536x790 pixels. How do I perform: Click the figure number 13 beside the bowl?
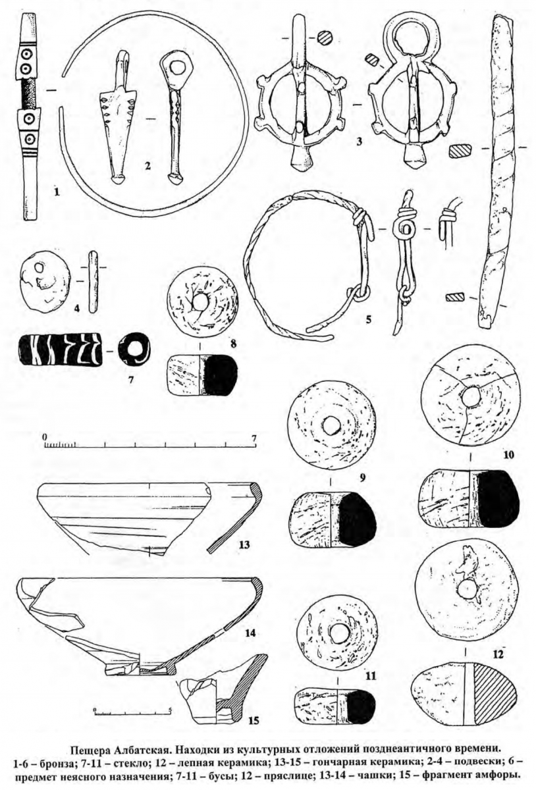(x=243, y=545)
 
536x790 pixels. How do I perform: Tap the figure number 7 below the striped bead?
(x=131, y=381)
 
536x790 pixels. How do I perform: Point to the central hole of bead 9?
(x=331, y=425)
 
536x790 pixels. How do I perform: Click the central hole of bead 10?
(x=470, y=396)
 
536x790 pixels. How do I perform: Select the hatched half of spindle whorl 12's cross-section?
(x=494, y=703)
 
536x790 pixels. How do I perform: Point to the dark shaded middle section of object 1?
(x=28, y=93)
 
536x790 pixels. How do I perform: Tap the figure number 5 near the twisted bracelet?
(x=368, y=319)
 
